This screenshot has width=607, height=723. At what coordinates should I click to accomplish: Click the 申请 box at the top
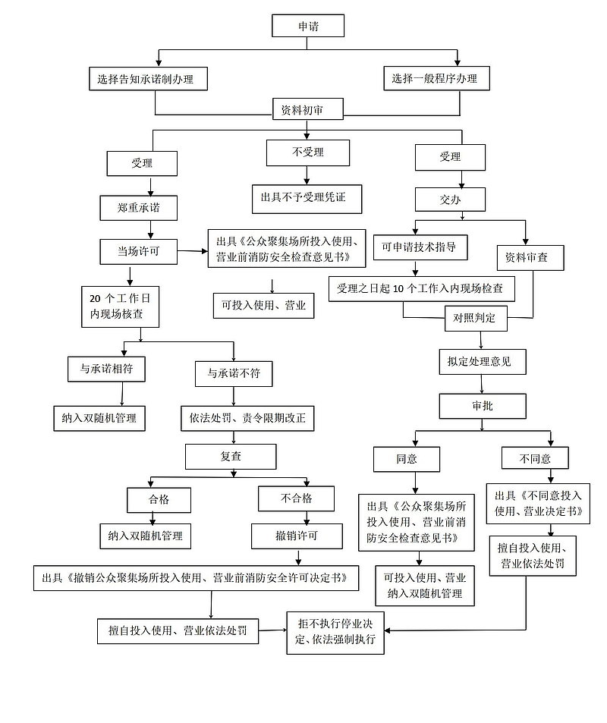pos(308,26)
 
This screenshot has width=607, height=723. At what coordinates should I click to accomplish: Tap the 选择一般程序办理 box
pos(435,78)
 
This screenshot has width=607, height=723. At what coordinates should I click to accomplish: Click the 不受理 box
pos(308,152)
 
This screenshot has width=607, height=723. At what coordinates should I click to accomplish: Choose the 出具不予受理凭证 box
pos(307,197)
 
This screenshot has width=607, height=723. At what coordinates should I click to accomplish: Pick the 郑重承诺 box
pos(139,207)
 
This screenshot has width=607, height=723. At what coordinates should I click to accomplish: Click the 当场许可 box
pos(138,251)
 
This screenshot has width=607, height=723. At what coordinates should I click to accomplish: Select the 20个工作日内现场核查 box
pos(121,306)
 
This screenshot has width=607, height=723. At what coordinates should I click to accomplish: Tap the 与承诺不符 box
pos(234,373)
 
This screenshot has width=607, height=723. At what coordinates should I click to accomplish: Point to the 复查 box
pos(231,457)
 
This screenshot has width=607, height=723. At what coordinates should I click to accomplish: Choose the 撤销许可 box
pos(297,536)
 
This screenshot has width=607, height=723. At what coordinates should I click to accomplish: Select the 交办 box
pos(450,200)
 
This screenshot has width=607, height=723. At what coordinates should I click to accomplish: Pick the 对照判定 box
pos(475,319)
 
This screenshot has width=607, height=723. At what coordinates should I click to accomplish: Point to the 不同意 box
pos(535,458)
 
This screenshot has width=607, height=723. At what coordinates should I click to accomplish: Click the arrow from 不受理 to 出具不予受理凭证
pos(307,174)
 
